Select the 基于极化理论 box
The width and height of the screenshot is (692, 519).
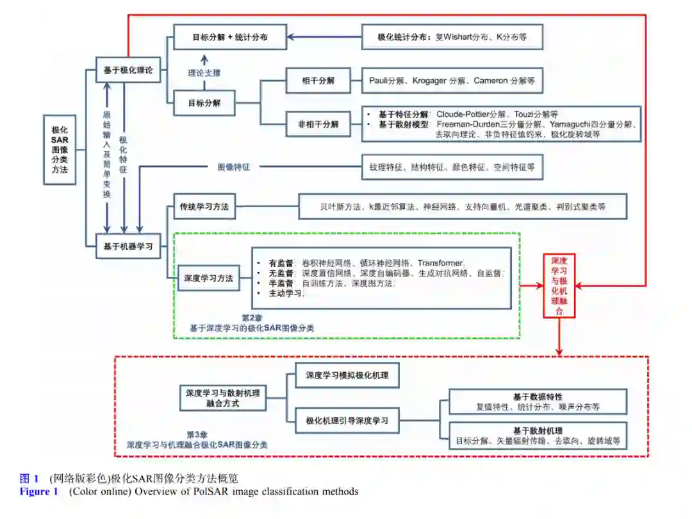[128, 70]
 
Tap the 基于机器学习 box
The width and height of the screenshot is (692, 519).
[128, 246]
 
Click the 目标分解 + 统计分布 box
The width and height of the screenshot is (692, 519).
[230, 37]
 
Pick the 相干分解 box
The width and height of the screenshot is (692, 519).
[318, 81]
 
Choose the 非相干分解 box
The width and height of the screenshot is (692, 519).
[318, 123]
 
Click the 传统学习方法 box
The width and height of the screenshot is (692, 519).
[205, 207]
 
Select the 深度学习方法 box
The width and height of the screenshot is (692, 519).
[208, 279]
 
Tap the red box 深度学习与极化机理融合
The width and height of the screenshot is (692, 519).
[559, 285]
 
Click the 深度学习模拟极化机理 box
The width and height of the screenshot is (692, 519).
[347, 375]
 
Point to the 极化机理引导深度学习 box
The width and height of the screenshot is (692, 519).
[347, 421]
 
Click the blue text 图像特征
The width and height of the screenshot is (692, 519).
[233, 167]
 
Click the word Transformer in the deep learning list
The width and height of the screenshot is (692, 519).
[440, 263]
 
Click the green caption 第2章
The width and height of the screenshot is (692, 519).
[251, 318]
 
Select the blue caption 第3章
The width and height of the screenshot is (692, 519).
[196, 434]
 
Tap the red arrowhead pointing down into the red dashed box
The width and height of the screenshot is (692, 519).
[559, 351]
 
